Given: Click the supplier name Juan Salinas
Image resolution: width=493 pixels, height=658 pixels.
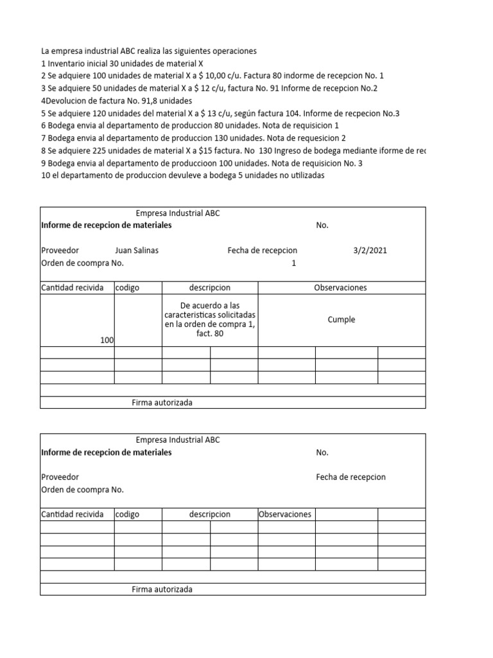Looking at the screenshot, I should click(x=136, y=251).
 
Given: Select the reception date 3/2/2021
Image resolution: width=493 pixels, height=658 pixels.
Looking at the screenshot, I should click(x=370, y=251).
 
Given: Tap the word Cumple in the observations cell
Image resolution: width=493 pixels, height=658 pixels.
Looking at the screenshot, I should click(x=341, y=320).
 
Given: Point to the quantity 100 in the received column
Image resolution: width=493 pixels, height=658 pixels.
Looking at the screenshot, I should click(x=107, y=340).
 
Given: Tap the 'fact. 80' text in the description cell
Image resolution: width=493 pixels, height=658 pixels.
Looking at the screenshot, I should click(x=209, y=333).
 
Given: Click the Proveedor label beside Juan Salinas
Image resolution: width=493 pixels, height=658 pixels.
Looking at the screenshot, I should click(x=60, y=251).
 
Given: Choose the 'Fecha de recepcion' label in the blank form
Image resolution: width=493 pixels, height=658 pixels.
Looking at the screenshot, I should click(x=350, y=477).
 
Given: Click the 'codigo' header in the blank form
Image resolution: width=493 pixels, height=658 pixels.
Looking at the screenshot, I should click(x=127, y=514).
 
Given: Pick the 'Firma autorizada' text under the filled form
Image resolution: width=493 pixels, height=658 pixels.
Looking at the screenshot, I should click(x=162, y=403).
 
